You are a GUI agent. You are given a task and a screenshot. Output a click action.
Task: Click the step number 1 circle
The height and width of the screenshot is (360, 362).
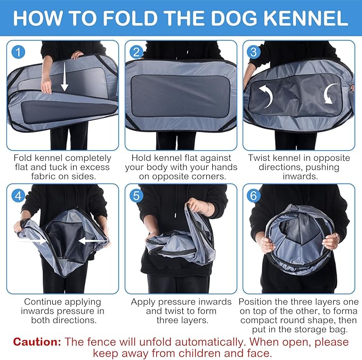tap(19, 52)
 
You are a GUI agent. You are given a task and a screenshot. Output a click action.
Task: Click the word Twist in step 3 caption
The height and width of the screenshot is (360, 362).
tap(259, 158)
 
